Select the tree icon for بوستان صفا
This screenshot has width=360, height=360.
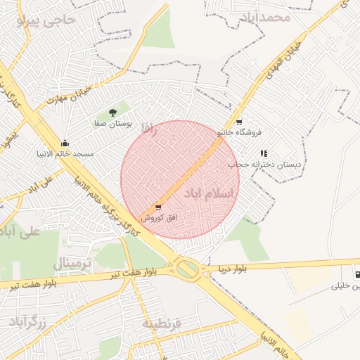(113, 112)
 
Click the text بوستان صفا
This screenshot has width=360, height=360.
(111, 123)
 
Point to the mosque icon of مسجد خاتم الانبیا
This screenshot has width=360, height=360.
(65, 143)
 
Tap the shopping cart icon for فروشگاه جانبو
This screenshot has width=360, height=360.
(240, 121)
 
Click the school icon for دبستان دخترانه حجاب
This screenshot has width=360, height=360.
(264, 153)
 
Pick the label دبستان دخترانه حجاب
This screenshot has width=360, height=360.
(259, 165)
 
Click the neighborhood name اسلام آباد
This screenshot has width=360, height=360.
(208, 192)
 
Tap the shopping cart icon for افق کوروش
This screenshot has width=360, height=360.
(157, 207)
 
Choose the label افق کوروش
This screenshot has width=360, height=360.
(157, 218)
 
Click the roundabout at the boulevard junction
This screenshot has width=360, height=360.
(187, 268)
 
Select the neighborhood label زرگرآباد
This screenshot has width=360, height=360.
(28, 322)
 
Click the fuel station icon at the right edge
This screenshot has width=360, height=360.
(357, 274)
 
